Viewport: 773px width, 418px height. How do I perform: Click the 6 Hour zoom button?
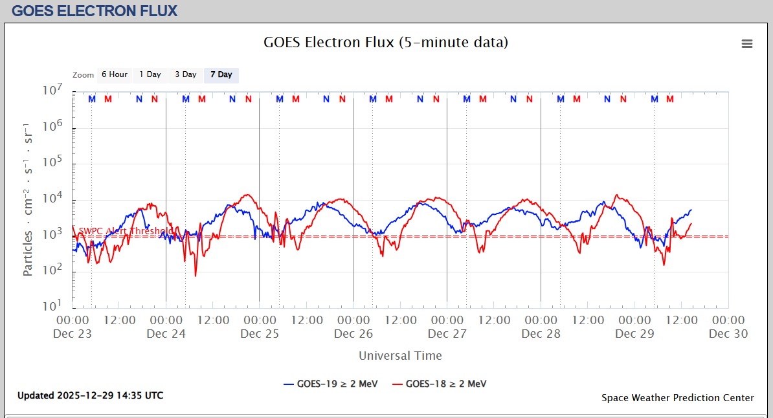(114, 75)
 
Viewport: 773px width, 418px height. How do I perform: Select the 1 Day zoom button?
(150, 75)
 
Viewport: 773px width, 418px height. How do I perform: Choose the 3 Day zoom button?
(186, 75)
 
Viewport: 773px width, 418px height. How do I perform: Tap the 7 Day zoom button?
(221, 75)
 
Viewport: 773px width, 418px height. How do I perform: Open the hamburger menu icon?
(747, 44)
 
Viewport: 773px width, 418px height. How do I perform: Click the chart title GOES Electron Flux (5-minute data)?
(386, 43)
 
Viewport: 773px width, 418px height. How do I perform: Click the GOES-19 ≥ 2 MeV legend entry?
(331, 384)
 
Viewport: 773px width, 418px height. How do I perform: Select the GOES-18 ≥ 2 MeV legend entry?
(440, 384)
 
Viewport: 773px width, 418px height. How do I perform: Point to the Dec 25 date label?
(260, 334)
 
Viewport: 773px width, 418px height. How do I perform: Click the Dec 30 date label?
(728, 334)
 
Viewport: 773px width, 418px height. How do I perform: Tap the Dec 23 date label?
(73, 334)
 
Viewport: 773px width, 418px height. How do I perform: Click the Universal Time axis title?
(400, 356)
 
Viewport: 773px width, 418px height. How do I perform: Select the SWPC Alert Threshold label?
(125, 231)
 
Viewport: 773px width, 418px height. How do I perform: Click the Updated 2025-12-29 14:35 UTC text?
(90, 395)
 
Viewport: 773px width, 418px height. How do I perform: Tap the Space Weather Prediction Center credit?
(677, 398)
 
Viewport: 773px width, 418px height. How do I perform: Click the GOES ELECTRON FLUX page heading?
(95, 11)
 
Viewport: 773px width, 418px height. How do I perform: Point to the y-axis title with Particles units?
(28, 199)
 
